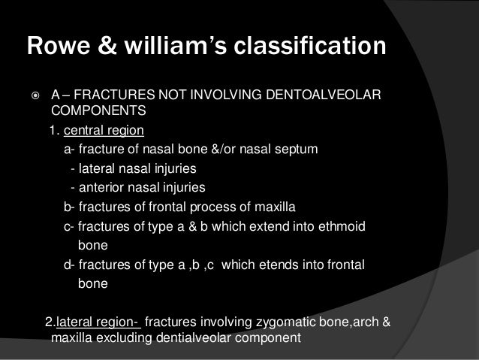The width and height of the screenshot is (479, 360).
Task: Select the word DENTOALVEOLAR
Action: coord(324,96)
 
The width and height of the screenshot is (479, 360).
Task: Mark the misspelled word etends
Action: coord(288,265)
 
